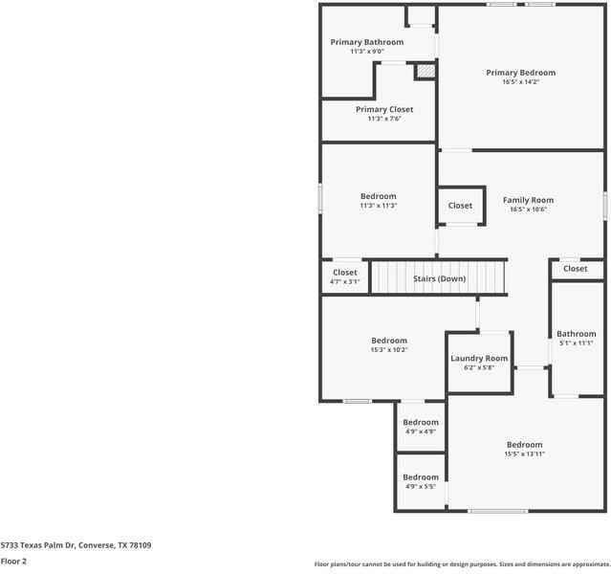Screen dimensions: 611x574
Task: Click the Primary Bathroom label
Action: point(367,42)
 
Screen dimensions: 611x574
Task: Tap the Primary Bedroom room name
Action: point(520,73)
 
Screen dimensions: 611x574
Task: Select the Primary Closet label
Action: point(384,110)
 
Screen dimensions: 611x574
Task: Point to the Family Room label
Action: point(528,200)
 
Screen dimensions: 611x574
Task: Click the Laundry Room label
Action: point(479,359)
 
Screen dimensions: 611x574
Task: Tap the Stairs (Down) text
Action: point(440,278)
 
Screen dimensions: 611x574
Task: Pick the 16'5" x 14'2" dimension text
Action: point(520,82)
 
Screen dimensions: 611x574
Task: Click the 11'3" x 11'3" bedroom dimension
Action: point(379,206)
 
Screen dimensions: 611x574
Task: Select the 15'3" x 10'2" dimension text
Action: point(389,350)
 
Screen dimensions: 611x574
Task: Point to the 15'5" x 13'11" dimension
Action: point(524,453)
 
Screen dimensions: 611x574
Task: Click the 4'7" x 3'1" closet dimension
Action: point(345,281)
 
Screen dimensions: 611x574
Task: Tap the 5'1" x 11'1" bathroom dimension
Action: point(576,343)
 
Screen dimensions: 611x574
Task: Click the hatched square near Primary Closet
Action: point(426,71)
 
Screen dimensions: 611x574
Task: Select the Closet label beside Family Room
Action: point(460,206)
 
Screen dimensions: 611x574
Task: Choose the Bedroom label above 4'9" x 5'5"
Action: point(421,477)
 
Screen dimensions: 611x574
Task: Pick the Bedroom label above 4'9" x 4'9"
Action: point(421,422)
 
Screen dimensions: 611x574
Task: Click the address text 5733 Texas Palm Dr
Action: point(38,545)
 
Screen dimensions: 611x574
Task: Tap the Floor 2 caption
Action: point(13,562)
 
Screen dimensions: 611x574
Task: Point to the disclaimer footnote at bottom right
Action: point(462,563)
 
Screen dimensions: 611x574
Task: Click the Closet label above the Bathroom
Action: point(576,269)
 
